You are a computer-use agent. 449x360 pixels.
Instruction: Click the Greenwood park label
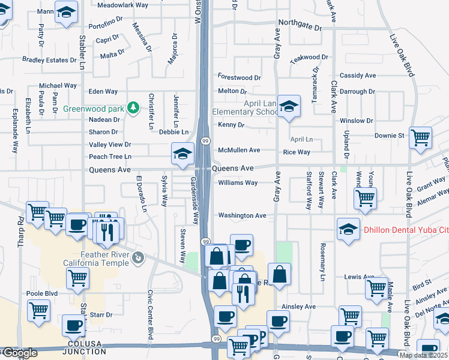(x=92, y=109)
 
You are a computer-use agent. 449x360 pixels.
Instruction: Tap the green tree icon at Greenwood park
(x=133, y=109)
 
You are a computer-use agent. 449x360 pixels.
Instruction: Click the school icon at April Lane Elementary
(x=289, y=107)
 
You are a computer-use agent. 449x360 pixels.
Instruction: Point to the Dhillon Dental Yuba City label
(x=406, y=229)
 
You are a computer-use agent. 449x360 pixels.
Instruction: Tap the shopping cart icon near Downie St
(x=420, y=137)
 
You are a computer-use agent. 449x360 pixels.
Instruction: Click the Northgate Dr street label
(x=300, y=28)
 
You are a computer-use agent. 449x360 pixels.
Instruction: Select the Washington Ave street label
(x=242, y=215)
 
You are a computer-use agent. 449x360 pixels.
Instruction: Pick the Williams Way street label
(x=238, y=182)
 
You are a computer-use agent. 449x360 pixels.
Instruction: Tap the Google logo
(x=20, y=353)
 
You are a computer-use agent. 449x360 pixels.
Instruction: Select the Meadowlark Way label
(x=122, y=5)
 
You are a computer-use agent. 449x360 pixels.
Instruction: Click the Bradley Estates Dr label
(x=49, y=60)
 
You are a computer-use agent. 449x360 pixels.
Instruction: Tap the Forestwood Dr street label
(x=239, y=78)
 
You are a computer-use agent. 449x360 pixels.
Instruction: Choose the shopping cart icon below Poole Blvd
(x=38, y=311)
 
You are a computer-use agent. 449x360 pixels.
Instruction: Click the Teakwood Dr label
(x=309, y=58)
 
